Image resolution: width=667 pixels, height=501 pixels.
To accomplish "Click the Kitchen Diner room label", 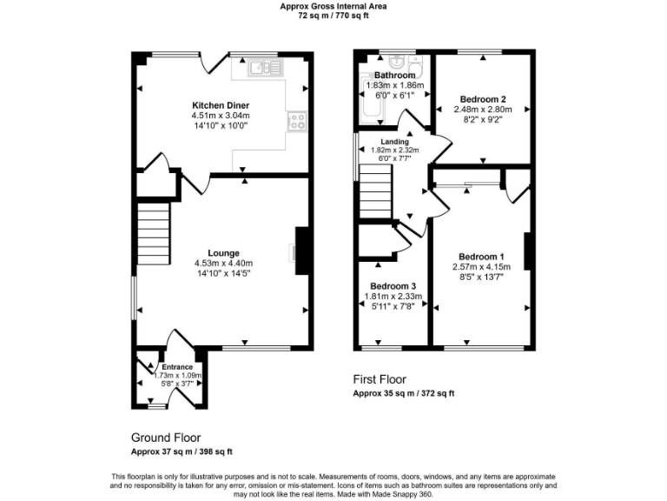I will click(x=221, y=105).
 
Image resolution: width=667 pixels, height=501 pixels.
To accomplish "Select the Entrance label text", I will click(x=177, y=367).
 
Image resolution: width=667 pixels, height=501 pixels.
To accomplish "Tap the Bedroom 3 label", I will click(x=393, y=286).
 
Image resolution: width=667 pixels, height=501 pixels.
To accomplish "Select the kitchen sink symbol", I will click(x=261, y=68).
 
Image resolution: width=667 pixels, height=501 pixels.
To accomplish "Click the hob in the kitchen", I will click(x=297, y=121).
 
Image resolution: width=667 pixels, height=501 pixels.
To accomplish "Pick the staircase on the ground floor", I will click(x=151, y=231).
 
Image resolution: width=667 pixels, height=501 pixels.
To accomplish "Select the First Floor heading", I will click(x=380, y=380).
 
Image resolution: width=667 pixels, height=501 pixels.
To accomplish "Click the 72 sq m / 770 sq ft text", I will click(x=333, y=15).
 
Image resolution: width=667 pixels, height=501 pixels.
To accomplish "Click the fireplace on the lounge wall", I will click(x=301, y=251).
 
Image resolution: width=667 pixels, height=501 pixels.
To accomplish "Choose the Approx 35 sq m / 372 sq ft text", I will click(x=403, y=394).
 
